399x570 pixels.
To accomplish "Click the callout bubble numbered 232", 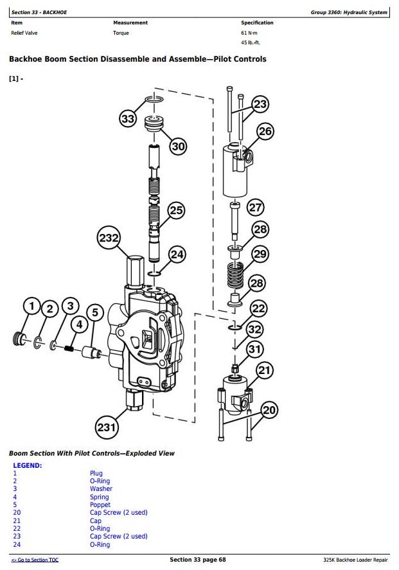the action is pyautogui.click(x=109, y=238).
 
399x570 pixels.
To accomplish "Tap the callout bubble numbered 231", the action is pyautogui.click(x=107, y=427).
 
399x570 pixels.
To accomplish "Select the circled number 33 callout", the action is pyautogui.click(x=128, y=119).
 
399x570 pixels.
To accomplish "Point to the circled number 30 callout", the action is pyautogui.click(x=178, y=146).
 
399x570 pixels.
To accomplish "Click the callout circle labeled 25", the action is pyautogui.click(x=177, y=210).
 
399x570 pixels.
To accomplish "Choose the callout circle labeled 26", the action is pyautogui.click(x=265, y=131).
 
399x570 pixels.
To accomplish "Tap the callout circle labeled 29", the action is pyautogui.click(x=260, y=254).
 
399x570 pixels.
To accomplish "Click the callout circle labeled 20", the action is pyautogui.click(x=269, y=410).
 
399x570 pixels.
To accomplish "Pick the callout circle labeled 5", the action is pyautogui.click(x=95, y=312).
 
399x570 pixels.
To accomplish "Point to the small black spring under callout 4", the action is pyautogui.click(x=69, y=348).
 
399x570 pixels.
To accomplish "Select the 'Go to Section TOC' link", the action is pyautogui.click(x=35, y=560).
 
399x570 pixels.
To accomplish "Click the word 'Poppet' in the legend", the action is pyautogui.click(x=100, y=504).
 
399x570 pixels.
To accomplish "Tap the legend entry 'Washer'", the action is pyautogui.click(x=101, y=488).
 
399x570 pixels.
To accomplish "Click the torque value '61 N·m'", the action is pyautogui.click(x=249, y=33).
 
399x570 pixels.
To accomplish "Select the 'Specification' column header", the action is pyautogui.click(x=257, y=22).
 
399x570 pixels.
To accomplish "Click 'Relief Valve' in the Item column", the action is pyautogui.click(x=24, y=33).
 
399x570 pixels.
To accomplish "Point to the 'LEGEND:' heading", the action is pyautogui.click(x=28, y=465).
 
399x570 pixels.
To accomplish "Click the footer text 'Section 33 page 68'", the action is pyautogui.click(x=198, y=560).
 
